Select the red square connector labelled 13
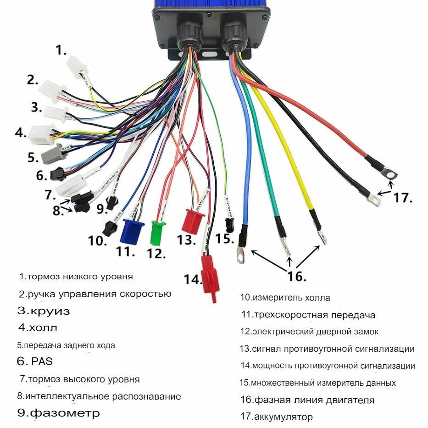pos(193,220)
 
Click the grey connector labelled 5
pos(50,156)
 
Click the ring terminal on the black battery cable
pos(374,198)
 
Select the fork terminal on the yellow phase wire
pos(322,236)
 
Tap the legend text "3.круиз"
pos(44,311)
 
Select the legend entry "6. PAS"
pos(35,361)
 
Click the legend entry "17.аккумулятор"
pos(277,417)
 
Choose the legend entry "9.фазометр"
pos(58,413)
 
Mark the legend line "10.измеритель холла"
pos(285,298)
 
